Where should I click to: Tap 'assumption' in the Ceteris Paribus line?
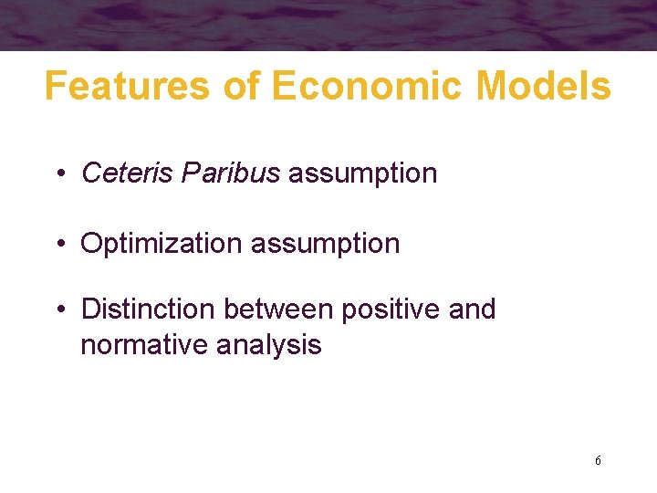click(x=362, y=173)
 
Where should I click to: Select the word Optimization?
click(x=162, y=244)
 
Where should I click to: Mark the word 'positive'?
click(x=391, y=309)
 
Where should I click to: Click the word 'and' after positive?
click(x=473, y=309)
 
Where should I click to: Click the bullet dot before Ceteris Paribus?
click(x=59, y=173)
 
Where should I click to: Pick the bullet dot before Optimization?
click(x=59, y=245)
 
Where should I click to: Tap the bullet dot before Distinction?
click(x=59, y=310)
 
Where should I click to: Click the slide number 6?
click(x=598, y=461)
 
